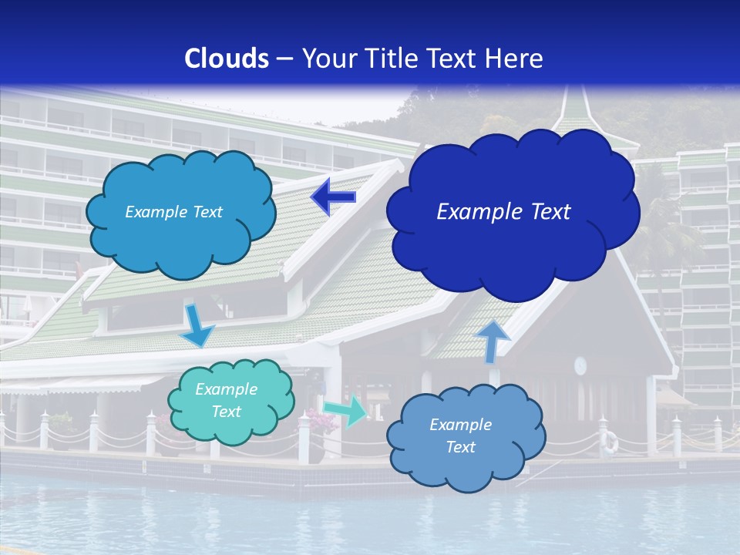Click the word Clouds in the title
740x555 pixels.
coord(227,59)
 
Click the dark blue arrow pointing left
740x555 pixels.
coord(333,197)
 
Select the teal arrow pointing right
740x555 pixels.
coord(345,410)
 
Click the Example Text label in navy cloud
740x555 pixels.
coord(503,211)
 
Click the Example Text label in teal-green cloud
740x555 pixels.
coord(226,401)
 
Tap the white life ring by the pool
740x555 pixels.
coord(610,442)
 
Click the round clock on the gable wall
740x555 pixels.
coord(580,365)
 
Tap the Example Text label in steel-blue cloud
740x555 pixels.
coord(460,436)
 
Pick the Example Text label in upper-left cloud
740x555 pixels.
coord(173,212)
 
